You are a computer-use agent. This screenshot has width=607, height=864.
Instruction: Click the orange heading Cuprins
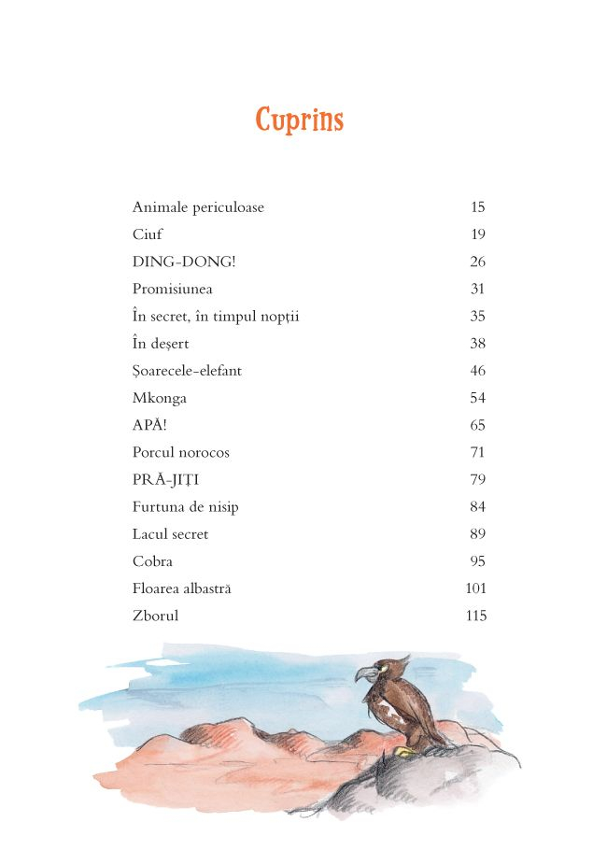click(300, 120)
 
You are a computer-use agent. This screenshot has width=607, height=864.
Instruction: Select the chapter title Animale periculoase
click(198, 207)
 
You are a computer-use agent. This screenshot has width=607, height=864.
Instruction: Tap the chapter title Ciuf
click(147, 234)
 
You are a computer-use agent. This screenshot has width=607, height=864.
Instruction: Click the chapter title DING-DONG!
click(184, 262)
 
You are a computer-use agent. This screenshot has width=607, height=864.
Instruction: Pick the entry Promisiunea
click(172, 289)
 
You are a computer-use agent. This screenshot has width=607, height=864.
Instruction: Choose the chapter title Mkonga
click(160, 398)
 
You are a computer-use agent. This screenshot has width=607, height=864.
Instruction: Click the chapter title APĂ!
click(150, 425)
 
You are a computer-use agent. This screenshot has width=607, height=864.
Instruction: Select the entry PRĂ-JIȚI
click(166, 480)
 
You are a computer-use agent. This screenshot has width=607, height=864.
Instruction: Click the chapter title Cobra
click(152, 561)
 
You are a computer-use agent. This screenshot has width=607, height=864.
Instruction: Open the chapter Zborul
click(155, 616)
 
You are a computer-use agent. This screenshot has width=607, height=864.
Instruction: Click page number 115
click(475, 616)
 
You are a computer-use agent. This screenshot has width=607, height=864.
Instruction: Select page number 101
click(475, 588)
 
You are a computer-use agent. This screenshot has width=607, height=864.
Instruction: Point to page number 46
click(477, 371)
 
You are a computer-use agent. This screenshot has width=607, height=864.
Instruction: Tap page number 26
click(477, 262)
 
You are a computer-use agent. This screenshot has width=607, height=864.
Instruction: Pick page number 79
click(477, 480)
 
